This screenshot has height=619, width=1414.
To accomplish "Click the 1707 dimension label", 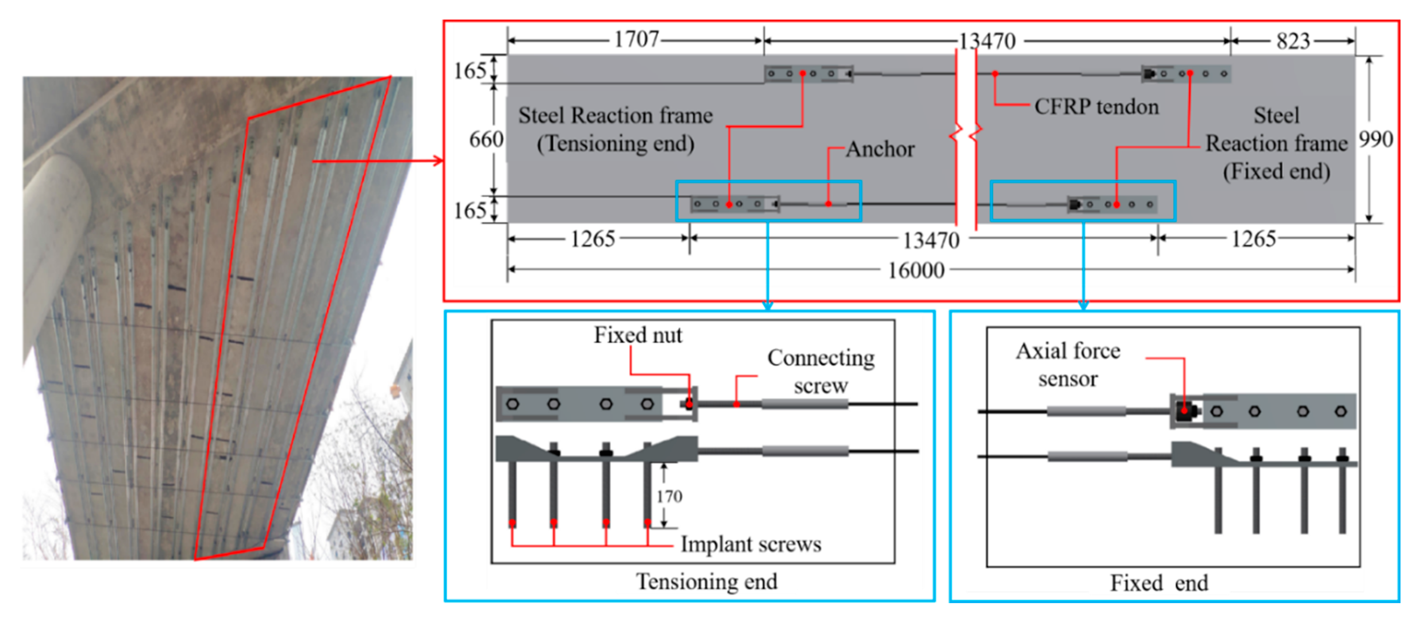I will tap(636, 40).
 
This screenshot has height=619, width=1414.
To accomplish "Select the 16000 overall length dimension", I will tap(916, 270).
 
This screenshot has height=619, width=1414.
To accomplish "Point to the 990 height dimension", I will tap(1375, 139).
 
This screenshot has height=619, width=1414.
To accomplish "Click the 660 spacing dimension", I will tap(486, 139).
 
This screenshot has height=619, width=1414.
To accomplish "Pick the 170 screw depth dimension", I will tap(669, 497).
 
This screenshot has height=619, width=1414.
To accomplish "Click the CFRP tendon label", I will tap(1096, 106).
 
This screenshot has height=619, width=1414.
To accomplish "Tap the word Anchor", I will tap(880, 149).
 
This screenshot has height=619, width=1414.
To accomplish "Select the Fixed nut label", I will tap(638, 335).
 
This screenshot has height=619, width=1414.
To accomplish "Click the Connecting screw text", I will tap(821, 371).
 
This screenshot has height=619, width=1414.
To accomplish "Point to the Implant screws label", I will tap(750, 544).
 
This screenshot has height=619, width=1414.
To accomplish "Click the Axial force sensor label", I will tap(1068, 365).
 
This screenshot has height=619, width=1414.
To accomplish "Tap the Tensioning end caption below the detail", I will tap(706, 582).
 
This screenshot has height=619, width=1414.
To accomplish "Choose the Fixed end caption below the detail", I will tap(1159, 583).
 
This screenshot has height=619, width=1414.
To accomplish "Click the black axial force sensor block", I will tap(1186, 411).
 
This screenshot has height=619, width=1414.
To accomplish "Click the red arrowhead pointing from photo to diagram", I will tap(438, 161).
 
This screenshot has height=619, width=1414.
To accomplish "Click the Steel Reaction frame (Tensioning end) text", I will tap(615, 130).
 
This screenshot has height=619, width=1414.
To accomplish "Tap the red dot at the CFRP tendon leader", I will tap(995, 74).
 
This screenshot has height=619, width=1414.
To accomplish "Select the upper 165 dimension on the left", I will tap(470, 71).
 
